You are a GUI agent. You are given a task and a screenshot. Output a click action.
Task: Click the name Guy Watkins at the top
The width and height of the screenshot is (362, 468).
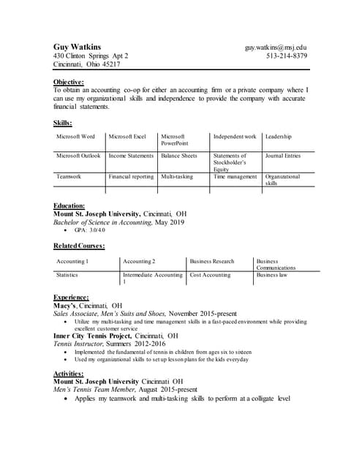[x=78, y=47]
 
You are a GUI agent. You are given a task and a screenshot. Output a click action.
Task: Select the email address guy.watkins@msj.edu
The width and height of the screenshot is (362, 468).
[x=276, y=47]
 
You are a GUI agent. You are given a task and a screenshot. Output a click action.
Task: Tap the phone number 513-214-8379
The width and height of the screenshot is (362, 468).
[x=287, y=56]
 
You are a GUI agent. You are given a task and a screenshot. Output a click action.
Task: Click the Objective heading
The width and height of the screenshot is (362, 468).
[x=69, y=81]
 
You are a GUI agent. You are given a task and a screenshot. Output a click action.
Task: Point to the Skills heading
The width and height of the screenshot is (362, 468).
[x=63, y=122]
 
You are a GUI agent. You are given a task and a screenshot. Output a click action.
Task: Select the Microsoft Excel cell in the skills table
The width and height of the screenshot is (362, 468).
[x=127, y=137]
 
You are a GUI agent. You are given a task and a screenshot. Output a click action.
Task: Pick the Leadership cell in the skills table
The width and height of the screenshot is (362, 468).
[x=278, y=137]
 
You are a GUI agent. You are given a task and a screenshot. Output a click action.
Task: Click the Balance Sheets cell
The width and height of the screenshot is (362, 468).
[x=179, y=156]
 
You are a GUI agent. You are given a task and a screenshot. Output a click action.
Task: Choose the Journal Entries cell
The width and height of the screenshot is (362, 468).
[x=282, y=156]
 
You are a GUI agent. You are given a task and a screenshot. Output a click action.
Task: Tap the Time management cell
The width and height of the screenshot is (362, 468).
[x=235, y=177]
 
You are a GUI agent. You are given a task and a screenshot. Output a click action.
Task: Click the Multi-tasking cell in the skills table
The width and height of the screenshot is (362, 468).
[x=177, y=177]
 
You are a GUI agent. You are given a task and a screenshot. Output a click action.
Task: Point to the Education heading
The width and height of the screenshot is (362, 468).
[x=69, y=205]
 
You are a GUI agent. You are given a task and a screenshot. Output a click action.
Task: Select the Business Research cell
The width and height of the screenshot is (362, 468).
[x=212, y=261]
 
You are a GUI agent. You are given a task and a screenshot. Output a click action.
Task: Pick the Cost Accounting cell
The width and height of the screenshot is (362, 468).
[x=210, y=275]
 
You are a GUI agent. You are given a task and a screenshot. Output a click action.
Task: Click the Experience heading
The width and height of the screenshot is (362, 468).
[x=71, y=297]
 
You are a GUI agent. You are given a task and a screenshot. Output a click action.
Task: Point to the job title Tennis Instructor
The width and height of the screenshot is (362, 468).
[x=79, y=344]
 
